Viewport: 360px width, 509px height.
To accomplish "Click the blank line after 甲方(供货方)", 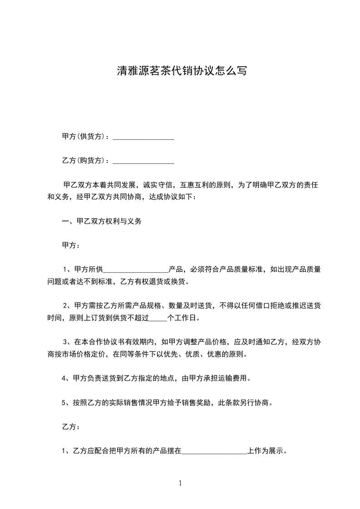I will [x=143, y=137].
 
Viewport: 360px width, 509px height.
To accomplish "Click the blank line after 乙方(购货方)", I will [x=143, y=161].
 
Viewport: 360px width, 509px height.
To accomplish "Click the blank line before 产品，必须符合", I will [x=136, y=269].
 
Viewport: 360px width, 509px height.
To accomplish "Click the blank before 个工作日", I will [x=158, y=318].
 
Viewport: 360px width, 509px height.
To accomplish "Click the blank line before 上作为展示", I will [x=214, y=451].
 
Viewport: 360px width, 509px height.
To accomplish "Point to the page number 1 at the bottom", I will [x=180, y=483].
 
